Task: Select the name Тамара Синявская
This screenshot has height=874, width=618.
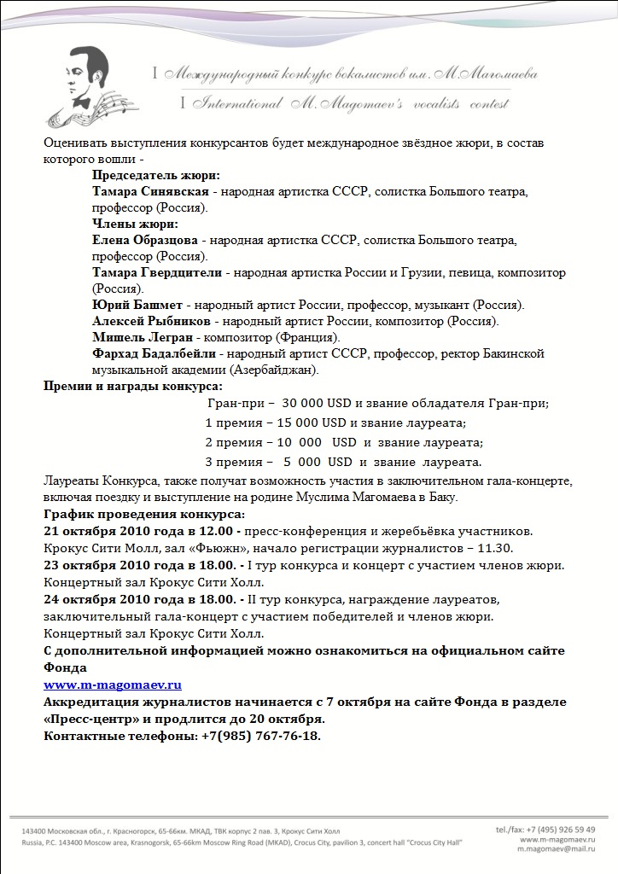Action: click(x=150, y=191)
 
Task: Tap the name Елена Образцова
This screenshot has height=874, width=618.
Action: click(x=145, y=241)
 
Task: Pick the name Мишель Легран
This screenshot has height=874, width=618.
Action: click(x=140, y=338)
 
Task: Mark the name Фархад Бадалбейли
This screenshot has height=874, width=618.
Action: click(x=155, y=353)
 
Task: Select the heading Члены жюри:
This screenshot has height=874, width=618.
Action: click(x=135, y=224)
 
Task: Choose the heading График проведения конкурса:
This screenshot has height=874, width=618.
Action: click(x=143, y=514)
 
